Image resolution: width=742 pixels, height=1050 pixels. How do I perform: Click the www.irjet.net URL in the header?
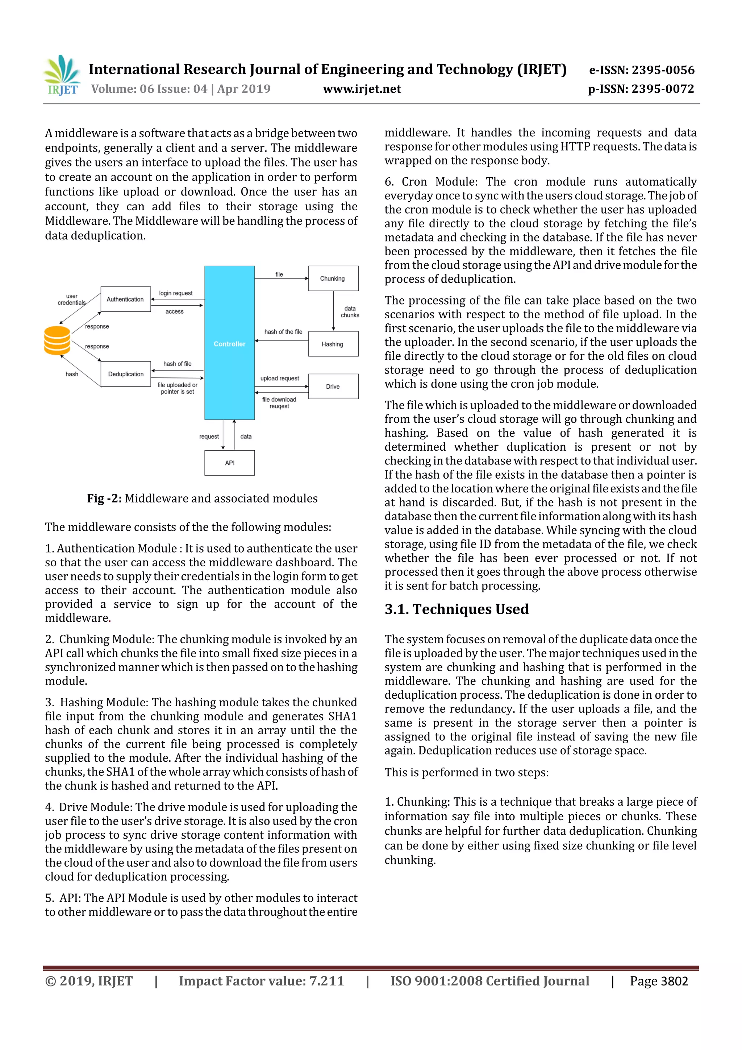point(362,89)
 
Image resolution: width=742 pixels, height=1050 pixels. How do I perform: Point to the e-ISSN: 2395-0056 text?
point(642,70)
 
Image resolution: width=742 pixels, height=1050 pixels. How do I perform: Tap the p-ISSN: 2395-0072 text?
point(641,89)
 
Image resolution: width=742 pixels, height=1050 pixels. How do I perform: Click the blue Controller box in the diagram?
point(229,343)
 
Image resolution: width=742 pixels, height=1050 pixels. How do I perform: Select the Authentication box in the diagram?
point(125,299)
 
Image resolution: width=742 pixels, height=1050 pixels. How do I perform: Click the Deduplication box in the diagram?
point(126,374)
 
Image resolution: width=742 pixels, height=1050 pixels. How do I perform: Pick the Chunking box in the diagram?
point(333,278)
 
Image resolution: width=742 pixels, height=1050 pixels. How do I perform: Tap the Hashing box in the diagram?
point(333,344)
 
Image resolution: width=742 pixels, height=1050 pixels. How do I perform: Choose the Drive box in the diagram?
point(333,386)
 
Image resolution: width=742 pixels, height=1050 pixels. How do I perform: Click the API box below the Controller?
point(229,463)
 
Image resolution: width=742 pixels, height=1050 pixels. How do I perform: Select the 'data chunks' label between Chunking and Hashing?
point(350,312)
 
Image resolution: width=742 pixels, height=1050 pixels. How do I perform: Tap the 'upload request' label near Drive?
point(280,378)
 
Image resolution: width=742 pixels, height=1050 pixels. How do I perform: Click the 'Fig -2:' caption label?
point(104,499)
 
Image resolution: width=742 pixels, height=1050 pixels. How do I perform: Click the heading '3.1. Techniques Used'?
point(457,609)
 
